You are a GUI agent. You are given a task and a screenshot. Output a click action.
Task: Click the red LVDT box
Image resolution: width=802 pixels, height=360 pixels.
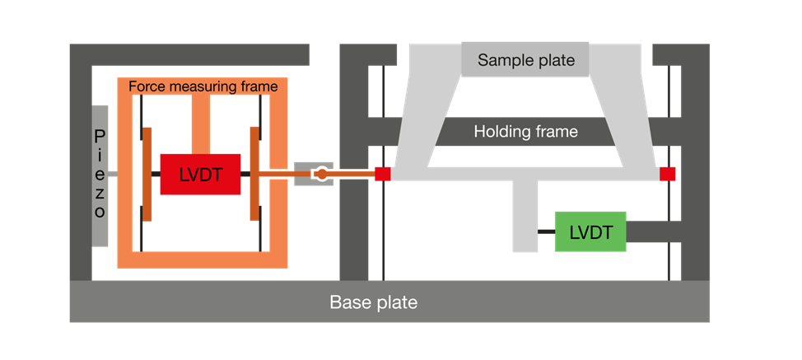click(x=200, y=174)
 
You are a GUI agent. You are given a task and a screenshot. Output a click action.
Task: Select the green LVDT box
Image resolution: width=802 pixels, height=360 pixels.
click(x=590, y=231)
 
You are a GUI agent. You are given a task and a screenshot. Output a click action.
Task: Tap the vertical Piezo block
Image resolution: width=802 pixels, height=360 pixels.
click(x=100, y=175)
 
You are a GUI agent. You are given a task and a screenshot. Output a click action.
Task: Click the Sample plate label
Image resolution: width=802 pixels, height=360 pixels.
click(x=526, y=60)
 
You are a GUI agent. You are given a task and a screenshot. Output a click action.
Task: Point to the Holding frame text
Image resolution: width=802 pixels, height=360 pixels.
click(x=525, y=131)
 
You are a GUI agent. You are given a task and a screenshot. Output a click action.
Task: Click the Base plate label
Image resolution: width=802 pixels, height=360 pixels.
click(x=373, y=302)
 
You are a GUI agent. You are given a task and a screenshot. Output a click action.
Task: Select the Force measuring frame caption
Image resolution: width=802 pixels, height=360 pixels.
click(x=203, y=86)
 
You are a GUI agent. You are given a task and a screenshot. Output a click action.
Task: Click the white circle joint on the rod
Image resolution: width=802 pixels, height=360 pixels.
click(x=322, y=174)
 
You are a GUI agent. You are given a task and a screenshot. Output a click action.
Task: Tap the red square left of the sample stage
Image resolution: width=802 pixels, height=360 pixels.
click(x=383, y=174)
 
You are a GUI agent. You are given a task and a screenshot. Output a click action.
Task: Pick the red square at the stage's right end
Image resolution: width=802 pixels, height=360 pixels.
click(x=668, y=174)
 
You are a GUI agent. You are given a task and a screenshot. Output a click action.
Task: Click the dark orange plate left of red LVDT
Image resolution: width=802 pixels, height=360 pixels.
click(x=147, y=174)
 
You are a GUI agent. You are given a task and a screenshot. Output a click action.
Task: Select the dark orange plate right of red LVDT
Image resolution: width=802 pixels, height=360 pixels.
click(x=254, y=174)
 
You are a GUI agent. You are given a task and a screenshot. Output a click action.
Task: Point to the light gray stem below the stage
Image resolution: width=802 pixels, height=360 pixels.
click(x=525, y=216)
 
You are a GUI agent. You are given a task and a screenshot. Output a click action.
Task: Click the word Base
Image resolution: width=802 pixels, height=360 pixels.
click(x=348, y=302)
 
